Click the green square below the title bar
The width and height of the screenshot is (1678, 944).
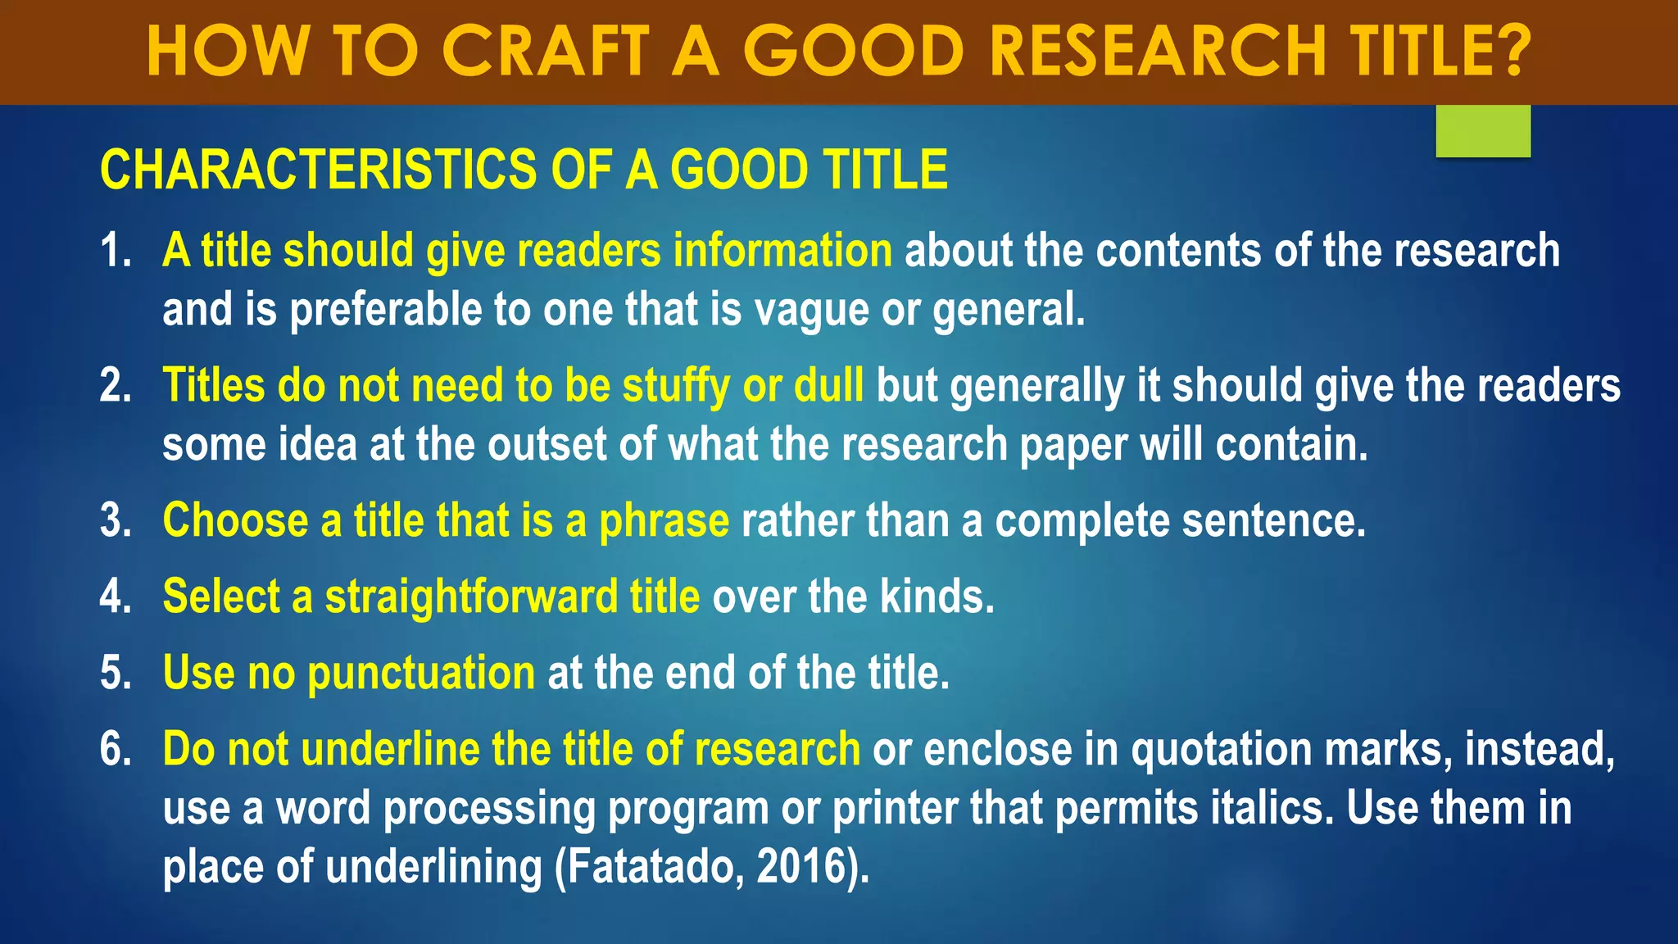coord(1483,130)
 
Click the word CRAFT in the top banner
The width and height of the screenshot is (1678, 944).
coord(545,51)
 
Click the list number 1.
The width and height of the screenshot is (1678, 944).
coord(115,250)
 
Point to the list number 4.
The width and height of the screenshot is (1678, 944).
coord(115,596)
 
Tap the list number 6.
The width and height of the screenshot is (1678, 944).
coord(115,749)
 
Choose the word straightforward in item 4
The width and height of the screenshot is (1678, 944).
coord(471,596)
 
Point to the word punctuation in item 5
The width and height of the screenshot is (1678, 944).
coord(421,674)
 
